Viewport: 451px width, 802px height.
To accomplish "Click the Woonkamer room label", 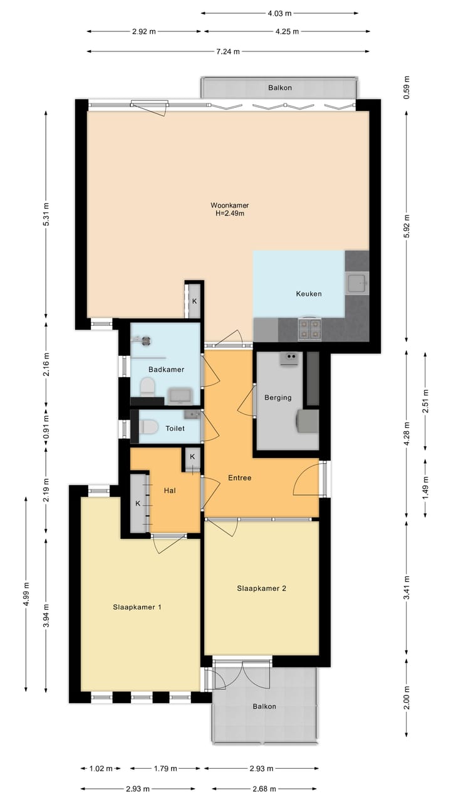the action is tap(229, 205).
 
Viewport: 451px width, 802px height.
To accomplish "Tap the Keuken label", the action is tap(309, 294).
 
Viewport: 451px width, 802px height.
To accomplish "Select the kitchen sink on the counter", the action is tap(356, 283).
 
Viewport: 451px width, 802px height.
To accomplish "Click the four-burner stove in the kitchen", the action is tap(309, 329).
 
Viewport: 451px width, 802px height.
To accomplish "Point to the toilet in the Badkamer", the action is tap(147, 387).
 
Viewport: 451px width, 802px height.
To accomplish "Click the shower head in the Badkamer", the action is tap(146, 341).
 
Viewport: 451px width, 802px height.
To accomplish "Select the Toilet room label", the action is tap(175, 428).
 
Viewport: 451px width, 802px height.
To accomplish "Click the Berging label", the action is tap(277, 397).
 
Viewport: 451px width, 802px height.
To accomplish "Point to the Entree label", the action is tap(240, 477).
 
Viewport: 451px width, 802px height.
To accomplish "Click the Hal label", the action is tap(170, 491).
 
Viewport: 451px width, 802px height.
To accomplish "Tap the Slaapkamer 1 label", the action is tap(137, 607).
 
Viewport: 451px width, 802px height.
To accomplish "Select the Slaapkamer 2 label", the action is tap(262, 588).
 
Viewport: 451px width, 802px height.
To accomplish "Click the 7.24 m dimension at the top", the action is tap(228, 51).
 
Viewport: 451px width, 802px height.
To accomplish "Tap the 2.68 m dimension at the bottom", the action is tap(264, 789).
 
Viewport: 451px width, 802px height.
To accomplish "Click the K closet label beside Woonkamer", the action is tap(194, 301).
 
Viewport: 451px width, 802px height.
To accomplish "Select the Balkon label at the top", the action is tap(280, 88).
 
